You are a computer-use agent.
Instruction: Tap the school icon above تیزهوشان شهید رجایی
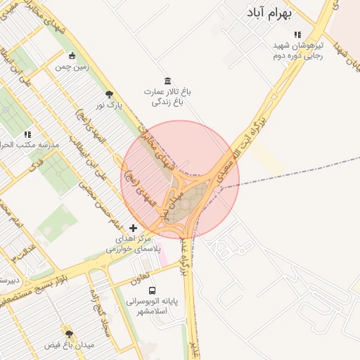pyautogui.click(x=298, y=34)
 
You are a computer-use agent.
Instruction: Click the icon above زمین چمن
pyautogui.click(x=72, y=56)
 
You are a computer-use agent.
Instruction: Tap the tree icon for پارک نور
pyautogui.click(x=109, y=94)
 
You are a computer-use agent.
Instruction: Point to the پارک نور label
pyautogui.click(x=109, y=105)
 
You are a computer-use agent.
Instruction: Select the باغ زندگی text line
pyautogui.click(x=168, y=102)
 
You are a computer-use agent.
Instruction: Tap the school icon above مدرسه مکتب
pyautogui.click(x=28, y=134)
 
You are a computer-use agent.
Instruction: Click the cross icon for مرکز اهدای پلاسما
pyautogui.click(x=134, y=228)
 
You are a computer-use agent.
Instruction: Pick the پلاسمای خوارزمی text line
pyautogui.click(x=134, y=249)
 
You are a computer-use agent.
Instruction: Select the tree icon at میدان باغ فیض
pyautogui.click(x=69, y=333)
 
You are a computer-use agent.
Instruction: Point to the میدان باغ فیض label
pyautogui.click(x=69, y=345)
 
